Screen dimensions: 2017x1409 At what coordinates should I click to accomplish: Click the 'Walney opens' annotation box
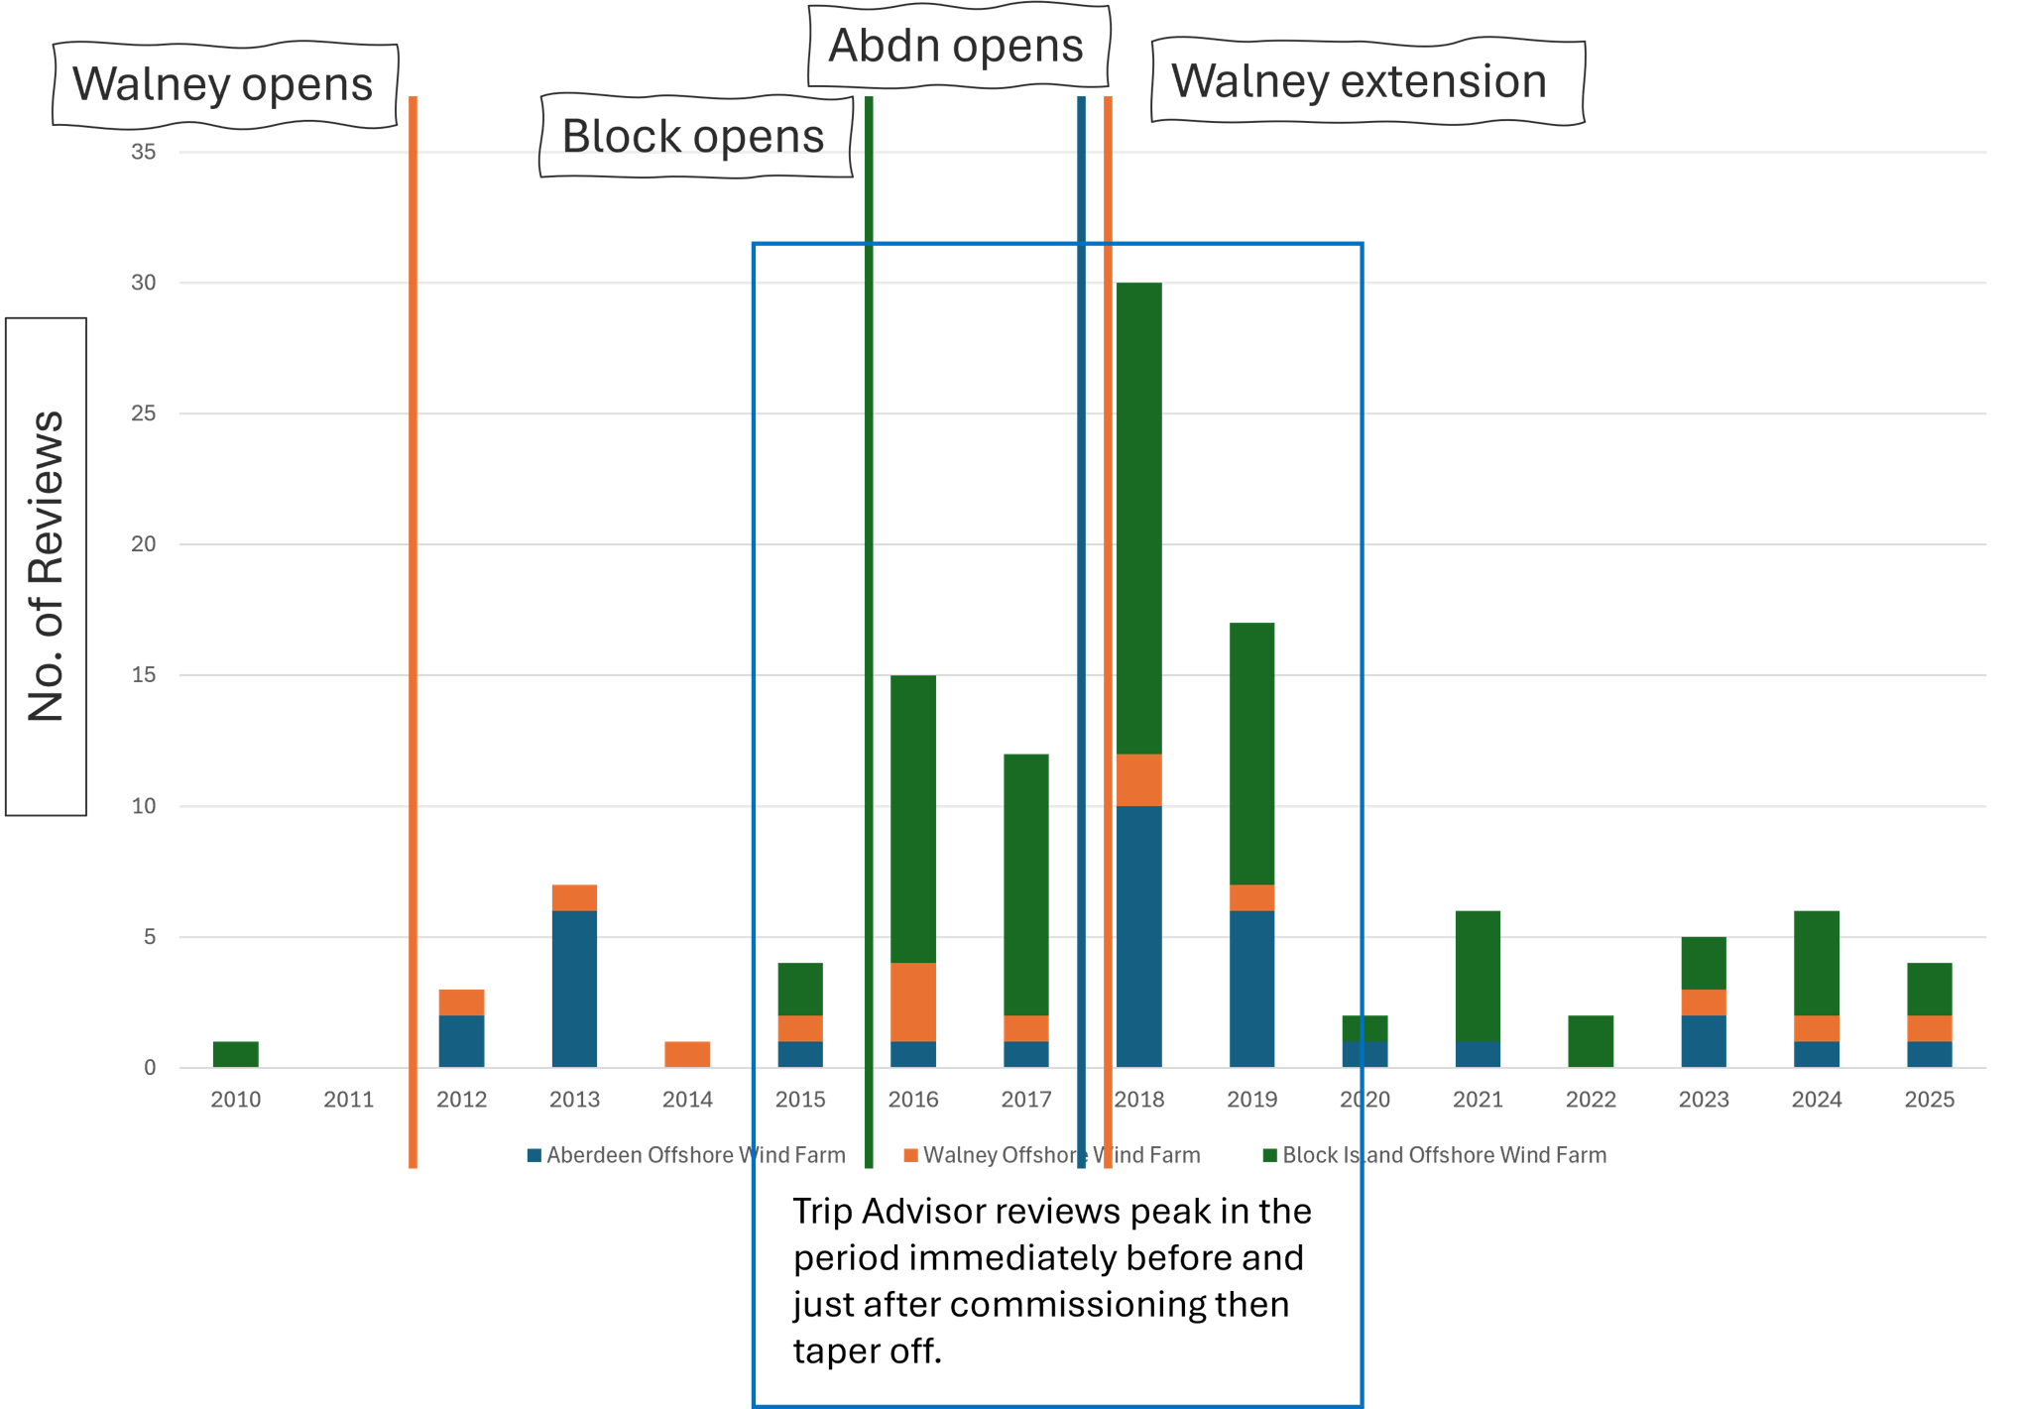click(225, 84)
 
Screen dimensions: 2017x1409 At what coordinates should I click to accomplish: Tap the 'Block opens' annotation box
click(695, 136)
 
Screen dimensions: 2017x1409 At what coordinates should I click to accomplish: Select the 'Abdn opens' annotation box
click(958, 46)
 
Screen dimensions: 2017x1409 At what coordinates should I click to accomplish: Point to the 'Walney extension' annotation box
click(1367, 81)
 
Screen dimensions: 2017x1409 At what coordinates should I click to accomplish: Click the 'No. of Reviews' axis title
click(46, 566)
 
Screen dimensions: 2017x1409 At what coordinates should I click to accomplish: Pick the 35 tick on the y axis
click(144, 152)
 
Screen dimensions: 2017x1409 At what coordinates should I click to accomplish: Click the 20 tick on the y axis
click(144, 543)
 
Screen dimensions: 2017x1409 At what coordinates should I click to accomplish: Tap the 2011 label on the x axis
click(348, 1099)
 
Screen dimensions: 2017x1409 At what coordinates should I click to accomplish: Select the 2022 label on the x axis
click(1591, 1099)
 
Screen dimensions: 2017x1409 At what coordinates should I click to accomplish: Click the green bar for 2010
click(236, 1054)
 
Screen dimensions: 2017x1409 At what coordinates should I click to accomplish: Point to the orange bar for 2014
click(687, 1054)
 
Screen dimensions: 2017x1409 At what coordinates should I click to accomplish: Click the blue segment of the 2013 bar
click(574, 989)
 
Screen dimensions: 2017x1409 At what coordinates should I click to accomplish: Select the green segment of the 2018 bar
click(1138, 519)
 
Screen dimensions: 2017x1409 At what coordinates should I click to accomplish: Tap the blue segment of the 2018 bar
click(1138, 937)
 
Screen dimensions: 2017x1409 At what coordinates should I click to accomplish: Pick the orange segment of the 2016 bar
click(913, 1001)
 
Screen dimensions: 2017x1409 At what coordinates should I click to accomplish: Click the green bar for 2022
click(1591, 1041)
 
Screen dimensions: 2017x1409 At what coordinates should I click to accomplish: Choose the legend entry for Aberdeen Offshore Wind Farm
click(686, 1155)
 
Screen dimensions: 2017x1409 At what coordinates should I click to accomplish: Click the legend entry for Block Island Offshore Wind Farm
click(1434, 1155)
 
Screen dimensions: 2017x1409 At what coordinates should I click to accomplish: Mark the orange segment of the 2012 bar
click(461, 1001)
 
